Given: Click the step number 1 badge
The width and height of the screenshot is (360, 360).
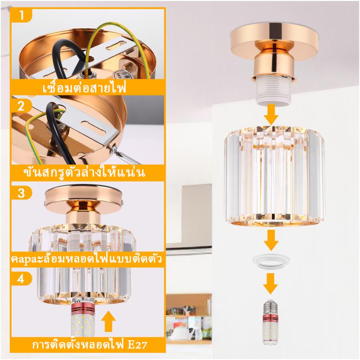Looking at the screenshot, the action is click(x=21, y=15).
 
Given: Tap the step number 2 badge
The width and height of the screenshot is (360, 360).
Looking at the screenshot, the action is click(x=21, y=106).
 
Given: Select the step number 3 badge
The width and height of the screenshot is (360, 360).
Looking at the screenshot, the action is click(x=21, y=193).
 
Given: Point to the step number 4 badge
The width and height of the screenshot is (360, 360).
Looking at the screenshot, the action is click(x=21, y=279).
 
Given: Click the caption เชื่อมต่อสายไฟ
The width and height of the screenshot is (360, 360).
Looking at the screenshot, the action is click(x=85, y=87).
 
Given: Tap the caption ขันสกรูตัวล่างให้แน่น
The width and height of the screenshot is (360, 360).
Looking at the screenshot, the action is click(x=85, y=172).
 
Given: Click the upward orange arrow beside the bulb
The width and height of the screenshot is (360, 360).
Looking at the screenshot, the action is click(x=108, y=320).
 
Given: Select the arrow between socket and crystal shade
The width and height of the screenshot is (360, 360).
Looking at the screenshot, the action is click(x=271, y=114).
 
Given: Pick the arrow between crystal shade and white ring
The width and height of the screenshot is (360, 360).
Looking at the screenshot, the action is click(x=271, y=240).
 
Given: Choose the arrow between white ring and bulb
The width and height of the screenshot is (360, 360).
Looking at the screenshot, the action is click(x=270, y=283).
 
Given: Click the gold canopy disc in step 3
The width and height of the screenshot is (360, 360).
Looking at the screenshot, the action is click(x=84, y=200).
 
